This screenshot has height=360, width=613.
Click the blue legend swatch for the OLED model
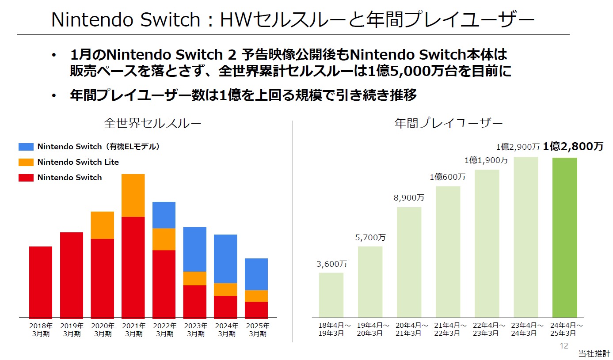click(x=26, y=147)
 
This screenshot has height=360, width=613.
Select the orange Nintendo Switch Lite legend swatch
click(x=26, y=162)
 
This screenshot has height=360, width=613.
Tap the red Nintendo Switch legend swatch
click(x=26, y=178)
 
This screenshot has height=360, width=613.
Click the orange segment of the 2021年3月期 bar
click(x=133, y=195)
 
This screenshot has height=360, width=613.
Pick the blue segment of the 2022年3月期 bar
click(x=164, y=215)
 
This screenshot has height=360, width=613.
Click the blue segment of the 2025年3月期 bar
click(x=256, y=274)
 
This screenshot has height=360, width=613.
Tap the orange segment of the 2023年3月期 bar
click(x=195, y=278)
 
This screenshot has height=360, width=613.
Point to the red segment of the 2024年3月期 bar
click(x=225, y=307)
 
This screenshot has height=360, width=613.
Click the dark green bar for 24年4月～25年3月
click(x=565, y=237)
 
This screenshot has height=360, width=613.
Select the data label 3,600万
click(x=331, y=264)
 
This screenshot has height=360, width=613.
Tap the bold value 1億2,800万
click(x=573, y=147)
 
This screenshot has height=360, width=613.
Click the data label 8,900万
click(x=409, y=198)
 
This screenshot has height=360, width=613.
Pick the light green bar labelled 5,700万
click(x=370, y=281)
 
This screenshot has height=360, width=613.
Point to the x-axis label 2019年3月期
click(x=72, y=330)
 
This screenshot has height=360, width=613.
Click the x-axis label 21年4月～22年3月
click(x=448, y=330)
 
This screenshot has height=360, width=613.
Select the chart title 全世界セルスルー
click(x=152, y=123)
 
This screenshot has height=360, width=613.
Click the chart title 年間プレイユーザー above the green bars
click(x=448, y=123)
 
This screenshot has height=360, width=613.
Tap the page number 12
click(x=564, y=346)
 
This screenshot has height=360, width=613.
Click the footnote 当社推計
click(x=594, y=354)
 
